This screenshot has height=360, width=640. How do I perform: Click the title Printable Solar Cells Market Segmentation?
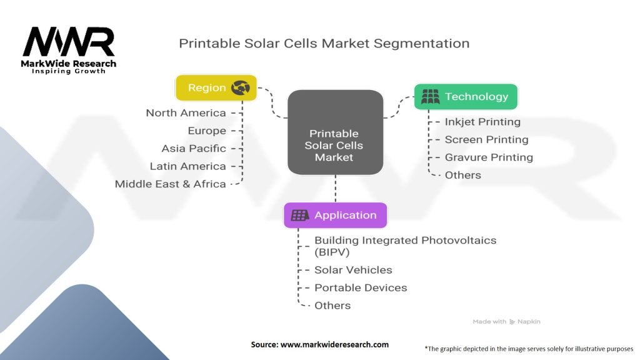point(324,43)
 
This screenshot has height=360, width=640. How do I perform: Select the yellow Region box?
point(216,87)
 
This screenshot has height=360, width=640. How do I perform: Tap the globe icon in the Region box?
point(241,87)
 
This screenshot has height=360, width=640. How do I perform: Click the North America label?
point(186,113)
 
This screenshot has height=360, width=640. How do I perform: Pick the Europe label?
point(207,131)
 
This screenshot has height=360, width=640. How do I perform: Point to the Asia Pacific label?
point(194,149)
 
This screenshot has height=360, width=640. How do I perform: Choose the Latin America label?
point(187,166)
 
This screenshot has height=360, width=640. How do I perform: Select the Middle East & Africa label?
point(170,184)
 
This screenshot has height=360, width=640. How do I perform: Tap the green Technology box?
point(466,97)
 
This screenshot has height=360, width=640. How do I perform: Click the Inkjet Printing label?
point(482,122)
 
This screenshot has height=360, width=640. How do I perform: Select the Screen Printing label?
point(486,139)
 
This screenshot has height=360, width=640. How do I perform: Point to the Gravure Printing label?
point(488,157)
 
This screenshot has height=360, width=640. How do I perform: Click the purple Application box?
point(335,215)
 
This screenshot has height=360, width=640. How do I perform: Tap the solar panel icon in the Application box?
point(300,215)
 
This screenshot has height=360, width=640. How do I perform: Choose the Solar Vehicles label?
point(353,270)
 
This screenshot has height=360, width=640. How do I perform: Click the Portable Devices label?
point(361,287)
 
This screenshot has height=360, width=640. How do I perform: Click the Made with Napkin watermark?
point(506,321)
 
